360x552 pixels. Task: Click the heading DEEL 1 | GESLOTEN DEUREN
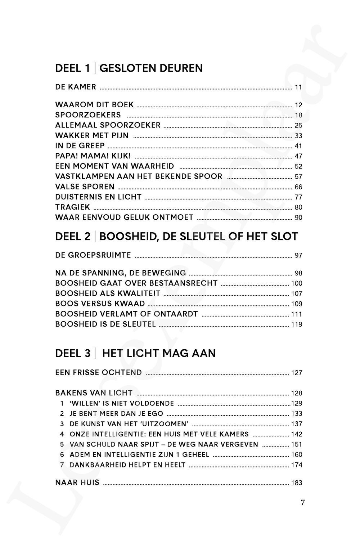(129, 68)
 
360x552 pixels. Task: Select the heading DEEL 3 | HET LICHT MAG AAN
(135, 353)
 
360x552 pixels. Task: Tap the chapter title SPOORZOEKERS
(88, 115)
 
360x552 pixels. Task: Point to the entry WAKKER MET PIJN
(92, 135)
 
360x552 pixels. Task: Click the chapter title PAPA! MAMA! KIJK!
(93, 156)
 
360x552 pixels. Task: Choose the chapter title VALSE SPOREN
(85, 187)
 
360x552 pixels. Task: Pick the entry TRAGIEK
(73, 207)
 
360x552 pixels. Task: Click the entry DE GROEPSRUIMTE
(93, 255)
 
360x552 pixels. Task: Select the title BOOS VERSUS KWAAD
(100, 304)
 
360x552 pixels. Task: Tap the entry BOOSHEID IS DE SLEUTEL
(105, 324)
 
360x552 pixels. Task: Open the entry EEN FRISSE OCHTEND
(99, 372)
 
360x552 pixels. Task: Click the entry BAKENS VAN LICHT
(94, 393)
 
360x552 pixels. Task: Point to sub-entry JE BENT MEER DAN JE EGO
(116, 413)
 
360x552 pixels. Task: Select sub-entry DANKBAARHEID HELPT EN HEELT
(127, 465)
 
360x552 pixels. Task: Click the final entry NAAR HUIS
(77, 483)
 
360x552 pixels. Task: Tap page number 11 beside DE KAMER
(298, 87)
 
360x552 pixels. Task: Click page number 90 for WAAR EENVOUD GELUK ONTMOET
(298, 217)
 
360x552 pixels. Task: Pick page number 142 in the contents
(297, 434)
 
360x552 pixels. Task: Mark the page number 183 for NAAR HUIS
(297, 483)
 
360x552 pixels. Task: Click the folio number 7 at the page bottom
(303, 503)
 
